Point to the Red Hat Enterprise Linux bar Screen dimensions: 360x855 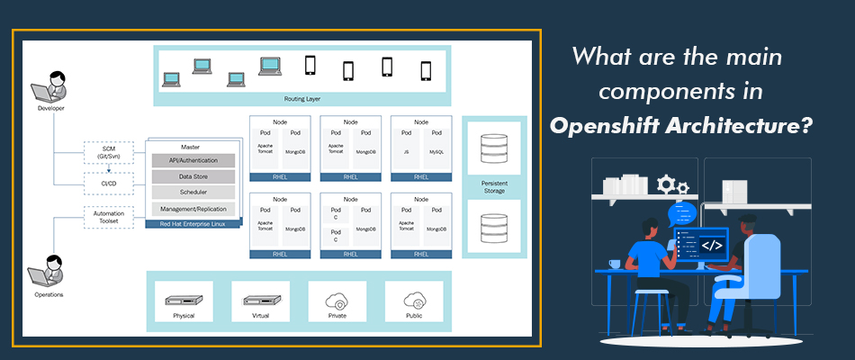[192, 222]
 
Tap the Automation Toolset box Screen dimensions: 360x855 [108, 217]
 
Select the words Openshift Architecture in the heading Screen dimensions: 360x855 [682, 124]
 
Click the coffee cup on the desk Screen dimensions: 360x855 [614, 264]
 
